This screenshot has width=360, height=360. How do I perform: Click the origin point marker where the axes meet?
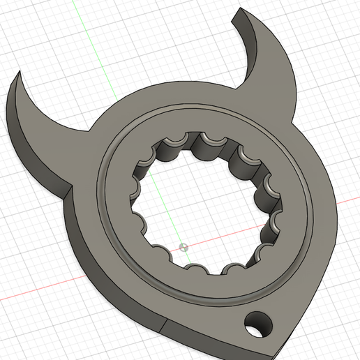(183, 246)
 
